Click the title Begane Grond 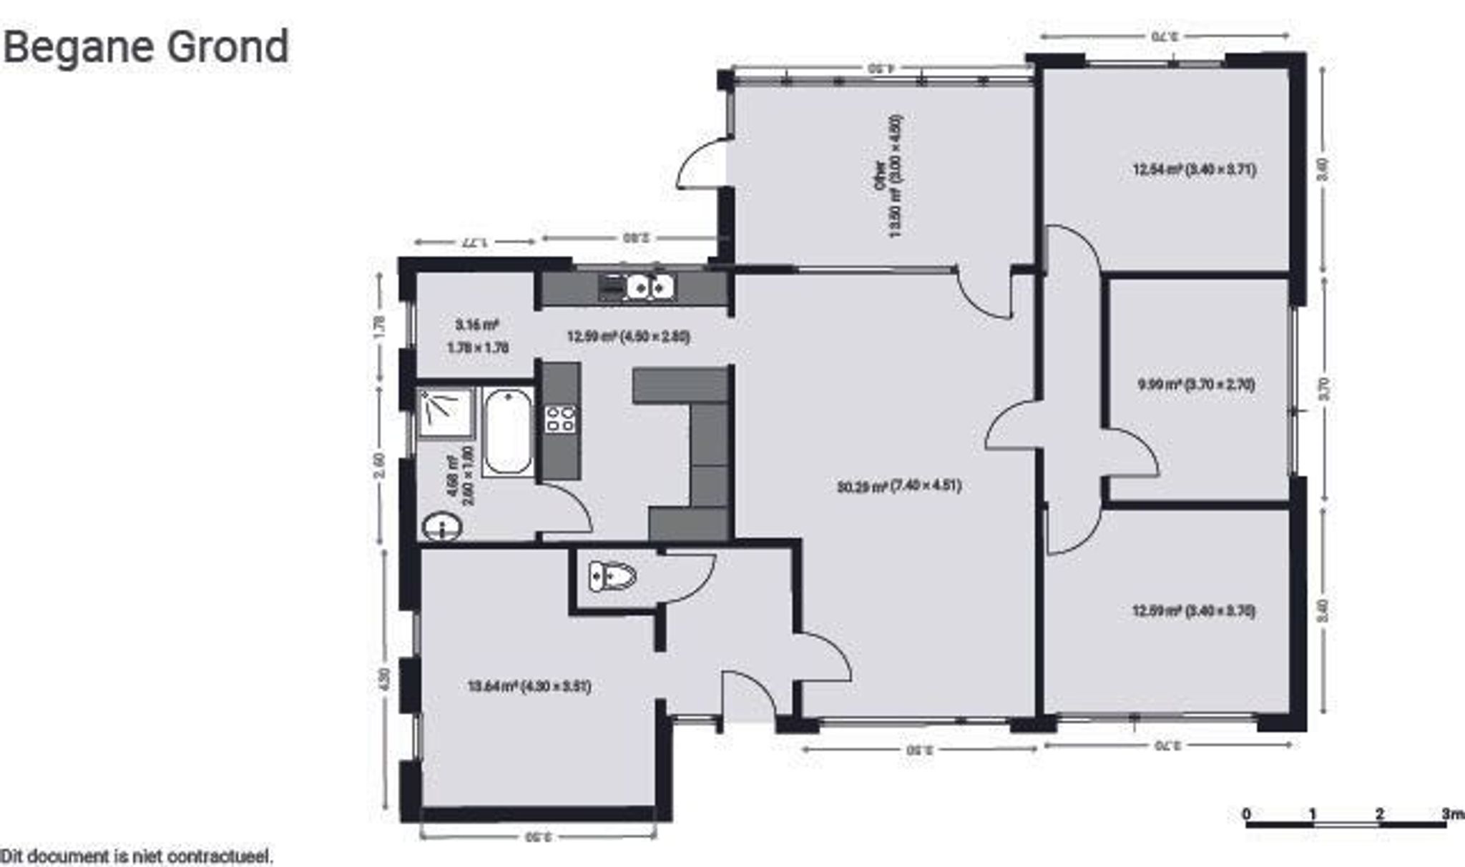pyautogui.click(x=146, y=46)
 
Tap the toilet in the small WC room pyautogui.click(x=612, y=576)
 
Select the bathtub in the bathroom pyautogui.click(x=508, y=432)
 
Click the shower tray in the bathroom pyautogui.click(x=446, y=412)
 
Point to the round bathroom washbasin pyautogui.click(x=442, y=527)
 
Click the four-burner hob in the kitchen pyautogui.click(x=560, y=419)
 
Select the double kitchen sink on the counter pyautogui.click(x=650, y=287)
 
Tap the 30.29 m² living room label pyautogui.click(x=898, y=487)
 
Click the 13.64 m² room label pyautogui.click(x=529, y=687)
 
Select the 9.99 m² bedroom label pyautogui.click(x=1196, y=385)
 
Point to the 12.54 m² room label pyautogui.click(x=1194, y=170)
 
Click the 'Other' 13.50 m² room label pyautogui.click(x=888, y=177)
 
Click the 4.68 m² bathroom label pyautogui.click(x=460, y=476)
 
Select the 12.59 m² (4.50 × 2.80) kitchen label pyautogui.click(x=628, y=337)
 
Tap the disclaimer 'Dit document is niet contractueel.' pyautogui.click(x=136, y=856)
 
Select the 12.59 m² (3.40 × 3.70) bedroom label pyautogui.click(x=1193, y=611)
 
